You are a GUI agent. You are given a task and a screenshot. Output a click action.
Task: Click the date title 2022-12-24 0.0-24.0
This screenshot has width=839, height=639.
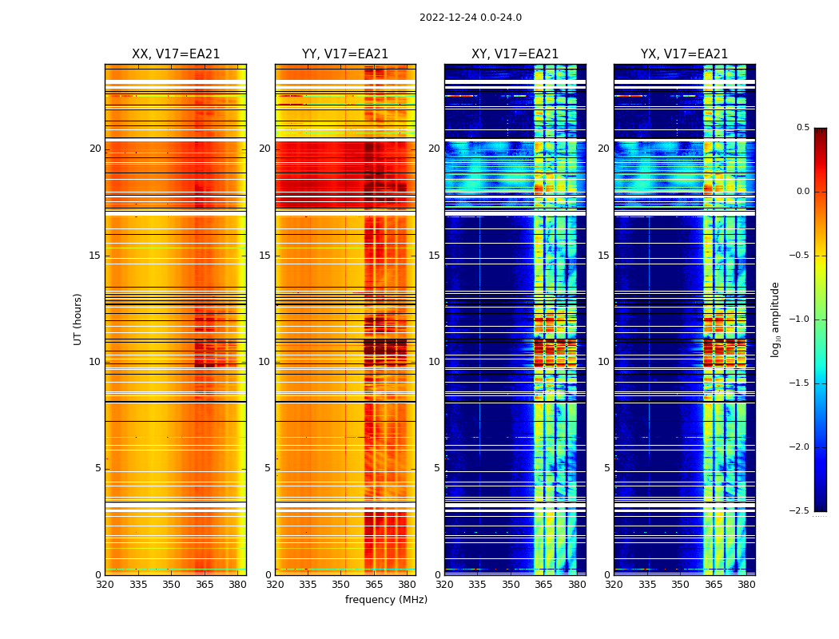(470, 18)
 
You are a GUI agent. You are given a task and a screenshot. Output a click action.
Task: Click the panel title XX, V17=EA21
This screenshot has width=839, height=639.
(176, 54)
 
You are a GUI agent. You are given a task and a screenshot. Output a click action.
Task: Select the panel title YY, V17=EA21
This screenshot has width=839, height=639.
(345, 54)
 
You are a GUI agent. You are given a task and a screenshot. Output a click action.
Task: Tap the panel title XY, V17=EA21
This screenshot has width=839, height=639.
(515, 54)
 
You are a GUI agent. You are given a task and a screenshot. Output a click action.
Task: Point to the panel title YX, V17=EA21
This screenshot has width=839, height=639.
(684, 54)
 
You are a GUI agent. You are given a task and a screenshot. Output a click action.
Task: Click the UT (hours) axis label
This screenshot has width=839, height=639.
(78, 319)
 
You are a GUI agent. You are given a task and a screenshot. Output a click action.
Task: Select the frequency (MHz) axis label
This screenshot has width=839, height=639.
(386, 600)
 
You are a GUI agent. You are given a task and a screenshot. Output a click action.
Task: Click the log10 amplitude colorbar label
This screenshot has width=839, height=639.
(775, 319)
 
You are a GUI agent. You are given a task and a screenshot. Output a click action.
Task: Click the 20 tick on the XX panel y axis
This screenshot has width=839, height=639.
(95, 149)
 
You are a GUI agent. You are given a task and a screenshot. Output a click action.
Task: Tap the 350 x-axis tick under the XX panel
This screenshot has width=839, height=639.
(171, 585)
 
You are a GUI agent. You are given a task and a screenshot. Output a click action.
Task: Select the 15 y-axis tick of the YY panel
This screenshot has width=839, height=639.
(264, 256)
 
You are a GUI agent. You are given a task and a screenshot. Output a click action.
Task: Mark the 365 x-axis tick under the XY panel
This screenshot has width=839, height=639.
(543, 585)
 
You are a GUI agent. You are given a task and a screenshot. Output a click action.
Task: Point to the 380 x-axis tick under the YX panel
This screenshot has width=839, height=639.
(746, 585)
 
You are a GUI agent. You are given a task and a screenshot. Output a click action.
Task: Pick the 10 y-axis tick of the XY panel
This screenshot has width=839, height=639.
(434, 362)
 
